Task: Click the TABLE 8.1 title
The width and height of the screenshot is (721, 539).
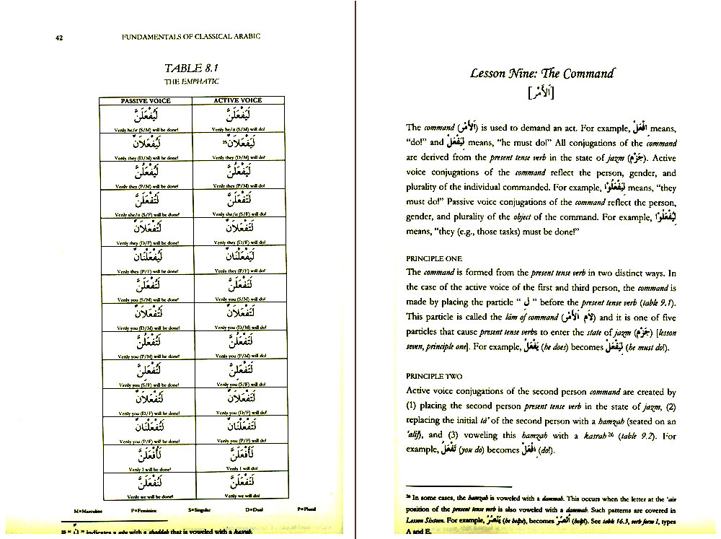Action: click(191, 69)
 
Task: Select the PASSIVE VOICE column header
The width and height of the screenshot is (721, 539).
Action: click(145, 100)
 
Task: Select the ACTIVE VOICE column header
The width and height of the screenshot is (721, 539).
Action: click(238, 100)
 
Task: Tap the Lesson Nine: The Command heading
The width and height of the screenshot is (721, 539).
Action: click(541, 74)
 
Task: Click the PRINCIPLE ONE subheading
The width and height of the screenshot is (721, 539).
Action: click(433, 258)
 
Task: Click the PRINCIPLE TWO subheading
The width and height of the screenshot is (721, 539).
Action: click(434, 376)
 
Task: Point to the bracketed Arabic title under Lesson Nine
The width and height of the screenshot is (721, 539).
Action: click(541, 93)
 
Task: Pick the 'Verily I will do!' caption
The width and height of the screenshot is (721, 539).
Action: click(239, 469)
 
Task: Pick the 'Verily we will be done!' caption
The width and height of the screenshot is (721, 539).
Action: click(145, 496)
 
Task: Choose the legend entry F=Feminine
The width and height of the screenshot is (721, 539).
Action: click(145, 510)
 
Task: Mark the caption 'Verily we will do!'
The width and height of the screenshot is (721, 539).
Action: click(239, 496)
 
